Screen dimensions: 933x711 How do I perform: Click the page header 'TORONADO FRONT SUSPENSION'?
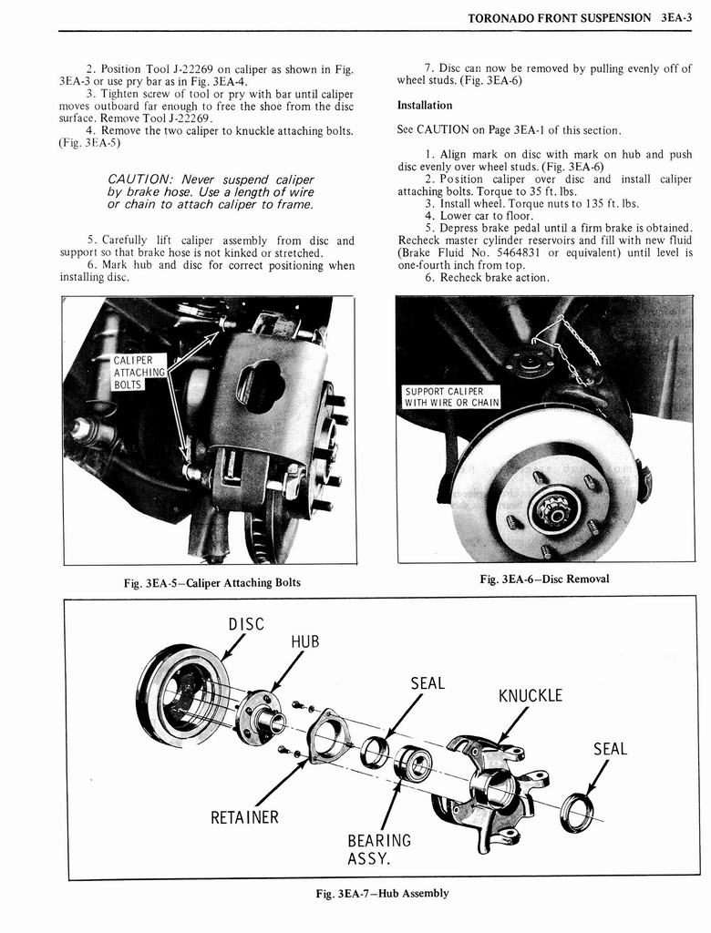pos(559,17)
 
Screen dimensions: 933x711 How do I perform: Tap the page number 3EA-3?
pos(679,17)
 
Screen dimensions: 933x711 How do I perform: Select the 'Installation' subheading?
pos(424,106)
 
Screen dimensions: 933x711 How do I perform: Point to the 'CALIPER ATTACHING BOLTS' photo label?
pos(139,372)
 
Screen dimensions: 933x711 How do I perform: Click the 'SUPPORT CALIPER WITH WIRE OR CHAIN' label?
pos(452,397)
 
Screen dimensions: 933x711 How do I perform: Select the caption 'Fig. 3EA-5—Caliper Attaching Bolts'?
pos(211,582)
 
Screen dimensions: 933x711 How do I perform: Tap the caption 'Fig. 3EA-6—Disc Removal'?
pos(544,579)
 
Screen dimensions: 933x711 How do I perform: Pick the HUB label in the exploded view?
pos(304,641)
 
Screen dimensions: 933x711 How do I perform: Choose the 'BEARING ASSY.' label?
pos(379,848)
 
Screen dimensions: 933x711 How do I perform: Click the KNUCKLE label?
pos(530,696)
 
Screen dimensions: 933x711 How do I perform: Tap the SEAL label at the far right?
pos(610,749)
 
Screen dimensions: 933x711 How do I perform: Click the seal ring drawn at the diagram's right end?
pos(575,812)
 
